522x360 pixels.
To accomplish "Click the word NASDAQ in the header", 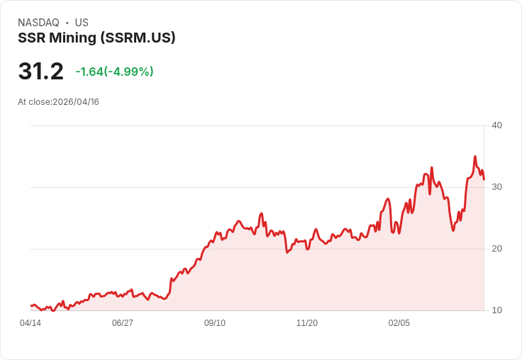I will point(38,23).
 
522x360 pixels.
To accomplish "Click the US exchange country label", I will point(82,23).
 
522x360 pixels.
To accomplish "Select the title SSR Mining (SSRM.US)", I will point(96,38).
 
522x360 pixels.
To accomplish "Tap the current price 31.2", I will point(40,72).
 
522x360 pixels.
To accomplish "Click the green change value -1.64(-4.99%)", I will point(114,72).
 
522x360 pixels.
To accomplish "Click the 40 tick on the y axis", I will point(496,125).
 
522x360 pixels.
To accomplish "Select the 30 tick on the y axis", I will point(496,187).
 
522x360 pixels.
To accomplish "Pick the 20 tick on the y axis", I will point(496,249).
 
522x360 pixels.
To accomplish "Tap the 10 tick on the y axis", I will point(496,310).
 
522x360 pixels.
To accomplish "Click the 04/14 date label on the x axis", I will point(30,323).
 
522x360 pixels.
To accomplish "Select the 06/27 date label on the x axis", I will point(123,323).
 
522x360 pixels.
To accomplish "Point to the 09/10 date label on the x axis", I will point(215,323).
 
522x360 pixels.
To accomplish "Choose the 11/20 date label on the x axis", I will point(307,323).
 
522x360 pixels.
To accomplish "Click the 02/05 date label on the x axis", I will point(399,323).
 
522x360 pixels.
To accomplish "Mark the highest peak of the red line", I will point(475,157).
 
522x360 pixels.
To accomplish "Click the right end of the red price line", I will point(484,179).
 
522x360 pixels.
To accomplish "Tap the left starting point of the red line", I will point(31,305).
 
